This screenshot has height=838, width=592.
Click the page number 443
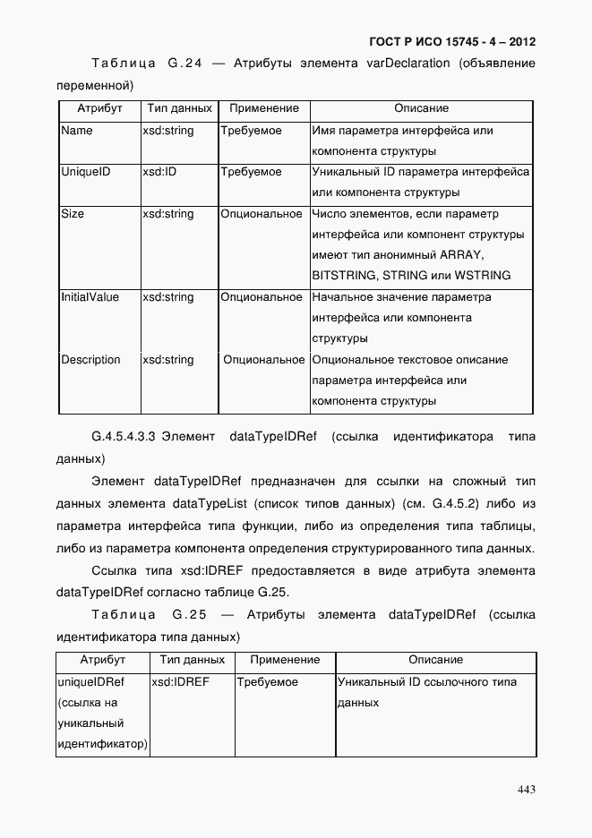526,789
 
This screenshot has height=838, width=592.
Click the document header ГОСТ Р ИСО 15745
452,42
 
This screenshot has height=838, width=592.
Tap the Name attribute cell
77,131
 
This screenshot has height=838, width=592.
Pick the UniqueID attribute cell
85,172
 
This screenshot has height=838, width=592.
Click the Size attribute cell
73,214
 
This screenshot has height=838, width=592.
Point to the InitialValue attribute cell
90,297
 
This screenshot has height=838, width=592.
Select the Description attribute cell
90,360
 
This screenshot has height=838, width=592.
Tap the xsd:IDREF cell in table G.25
180,682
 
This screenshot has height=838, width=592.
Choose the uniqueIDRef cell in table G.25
90,682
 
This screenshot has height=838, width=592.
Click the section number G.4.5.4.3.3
124,437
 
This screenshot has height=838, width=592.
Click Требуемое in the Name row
252,131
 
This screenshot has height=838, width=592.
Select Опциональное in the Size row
262,214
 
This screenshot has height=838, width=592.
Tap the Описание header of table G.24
421,108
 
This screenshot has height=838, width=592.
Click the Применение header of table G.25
285,660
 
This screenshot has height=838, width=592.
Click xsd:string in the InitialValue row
167,297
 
